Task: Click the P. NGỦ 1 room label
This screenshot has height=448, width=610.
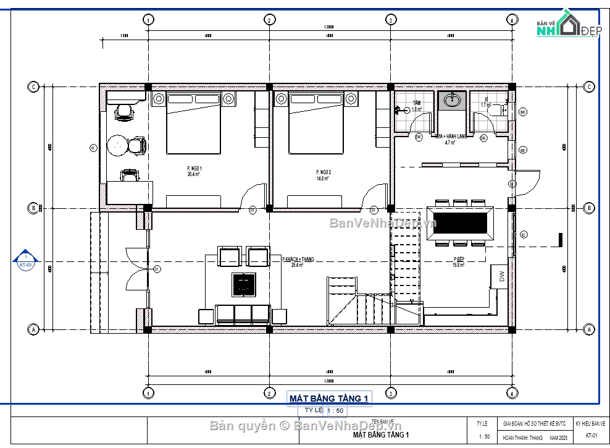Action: pyautogui.click(x=194, y=171)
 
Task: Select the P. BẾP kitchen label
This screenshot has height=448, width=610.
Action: pyautogui.click(x=459, y=262)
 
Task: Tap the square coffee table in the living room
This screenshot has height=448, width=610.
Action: pyautogui.click(x=243, y=284)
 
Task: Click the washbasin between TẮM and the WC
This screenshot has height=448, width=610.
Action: pyautogui.click(x=453, y=100)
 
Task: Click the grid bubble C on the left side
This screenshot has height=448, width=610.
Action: pyautogui.click(x=33, y=87)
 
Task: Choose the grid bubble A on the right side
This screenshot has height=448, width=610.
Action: pyautogui.click(x=588, y=330)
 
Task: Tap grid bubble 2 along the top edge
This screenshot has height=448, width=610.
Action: pyautogui.click(x=269, y=20)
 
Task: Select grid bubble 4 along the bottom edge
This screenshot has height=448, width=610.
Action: pyautogui.click(x=511, y=393)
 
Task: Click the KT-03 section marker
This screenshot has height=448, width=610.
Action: pyautogui.click(x=25, y=261)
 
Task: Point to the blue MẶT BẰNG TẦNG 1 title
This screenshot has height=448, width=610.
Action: pyautogui.click(x=329, y=399)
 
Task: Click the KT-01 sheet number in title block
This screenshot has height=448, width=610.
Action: pyautogui.click(x=590, y=437)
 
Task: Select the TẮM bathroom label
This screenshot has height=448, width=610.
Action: pyautogui.click(x=417, y=105)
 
